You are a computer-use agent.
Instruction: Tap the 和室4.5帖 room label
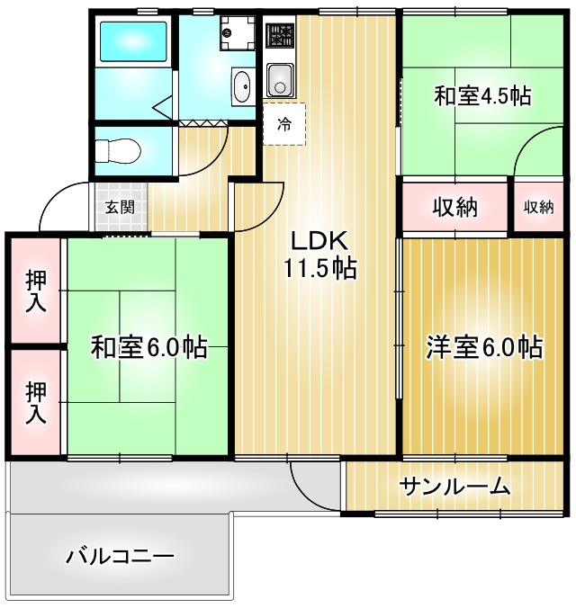[481, 97]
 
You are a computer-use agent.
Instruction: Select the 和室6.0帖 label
[148, 347]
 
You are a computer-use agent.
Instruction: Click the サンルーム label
[455, 487]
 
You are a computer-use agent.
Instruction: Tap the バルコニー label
[120, 555]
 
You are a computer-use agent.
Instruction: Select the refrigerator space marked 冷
[284, 124]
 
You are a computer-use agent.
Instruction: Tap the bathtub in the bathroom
[132, 42]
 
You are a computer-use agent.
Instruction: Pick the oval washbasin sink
[242, 86]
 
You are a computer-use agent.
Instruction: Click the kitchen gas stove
[281, 37]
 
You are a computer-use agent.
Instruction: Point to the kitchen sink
[280, 81]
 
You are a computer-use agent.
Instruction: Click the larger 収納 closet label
[454, 208]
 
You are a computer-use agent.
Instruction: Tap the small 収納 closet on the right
[538, 208]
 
